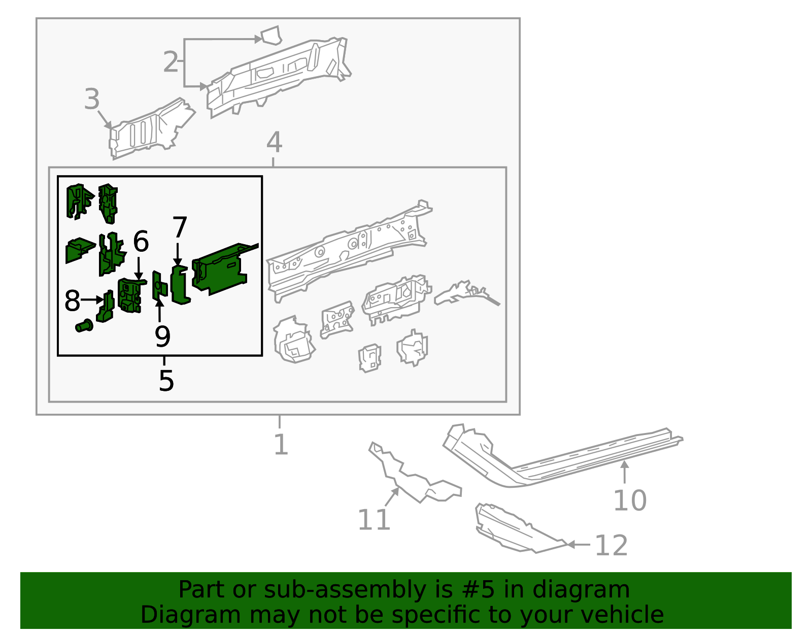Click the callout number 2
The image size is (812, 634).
(171, 62)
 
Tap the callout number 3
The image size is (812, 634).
(92, 99)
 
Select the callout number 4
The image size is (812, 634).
(274, 143)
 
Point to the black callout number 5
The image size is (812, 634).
(166, 381)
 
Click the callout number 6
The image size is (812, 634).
(141, 242)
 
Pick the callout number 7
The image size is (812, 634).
(180, 227)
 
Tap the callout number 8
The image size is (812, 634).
(72, 301)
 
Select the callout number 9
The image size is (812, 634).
(162, 336)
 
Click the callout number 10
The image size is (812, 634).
(630, 501)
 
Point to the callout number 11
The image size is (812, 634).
(374, 520)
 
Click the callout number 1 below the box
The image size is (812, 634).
(281, 445)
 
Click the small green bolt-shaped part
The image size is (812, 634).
(84, 325)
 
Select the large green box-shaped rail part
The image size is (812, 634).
(221, 269)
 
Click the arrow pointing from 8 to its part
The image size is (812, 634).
(92, 300)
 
